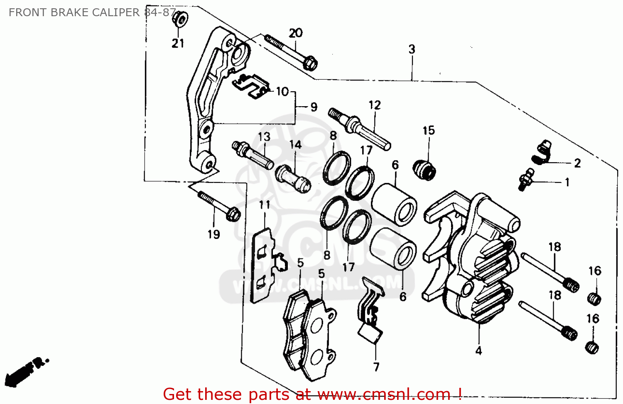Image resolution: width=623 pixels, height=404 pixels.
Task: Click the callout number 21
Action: pyautogui.click(x=178, y=43)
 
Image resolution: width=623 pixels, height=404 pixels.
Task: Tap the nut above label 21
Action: pyautogui.click(x=180, y=19)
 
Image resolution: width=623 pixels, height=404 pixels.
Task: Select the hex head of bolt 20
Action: pyautogui.click(x=310, y=64)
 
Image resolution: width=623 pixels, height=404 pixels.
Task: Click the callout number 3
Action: pyautogui.click(x=412, y=49)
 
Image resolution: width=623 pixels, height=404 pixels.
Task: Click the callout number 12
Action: pyautogui.click(x=374, y=105)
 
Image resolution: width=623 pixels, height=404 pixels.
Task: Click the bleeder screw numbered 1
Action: pyautogui.click(x=526, y=180)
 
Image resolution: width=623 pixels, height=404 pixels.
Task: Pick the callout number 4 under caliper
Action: pyautogui.click(x=478, y=351)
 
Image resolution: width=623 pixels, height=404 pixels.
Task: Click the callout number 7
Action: pyautogui.click(x=376, y=367)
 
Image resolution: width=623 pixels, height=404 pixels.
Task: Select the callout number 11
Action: pyautogui.click(x=265, y=205)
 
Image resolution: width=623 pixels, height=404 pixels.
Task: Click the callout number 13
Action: pyautogui.click(x=264, y=137)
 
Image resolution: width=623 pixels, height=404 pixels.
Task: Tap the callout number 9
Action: pyautogui.click(x=314, y=107)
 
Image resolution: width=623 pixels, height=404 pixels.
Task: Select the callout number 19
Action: pyautogui.click(x=213, y=234)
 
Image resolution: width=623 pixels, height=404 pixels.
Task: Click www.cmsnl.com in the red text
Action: pyautogui.click(x=384, y=394)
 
